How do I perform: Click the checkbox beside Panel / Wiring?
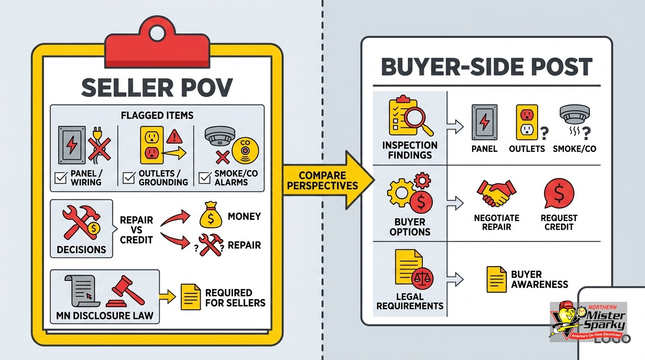click(61, 178)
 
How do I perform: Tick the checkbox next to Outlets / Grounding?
click(128, 178)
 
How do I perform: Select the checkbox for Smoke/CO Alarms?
click(205, 178)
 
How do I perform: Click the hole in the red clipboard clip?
click(157, 32)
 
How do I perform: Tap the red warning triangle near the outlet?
click(174, 136)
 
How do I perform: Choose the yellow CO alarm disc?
click(245, 150)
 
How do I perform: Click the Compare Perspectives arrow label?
click(322, 180)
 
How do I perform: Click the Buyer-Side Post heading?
click(487, 67)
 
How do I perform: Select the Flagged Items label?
click(157, 115)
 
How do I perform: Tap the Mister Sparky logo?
click(588, 322)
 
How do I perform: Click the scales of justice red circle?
click(422, 277)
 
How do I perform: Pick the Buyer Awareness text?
click(540, 279)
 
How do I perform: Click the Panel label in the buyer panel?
click(484, 149)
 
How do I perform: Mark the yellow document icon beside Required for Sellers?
click(191, 297)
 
